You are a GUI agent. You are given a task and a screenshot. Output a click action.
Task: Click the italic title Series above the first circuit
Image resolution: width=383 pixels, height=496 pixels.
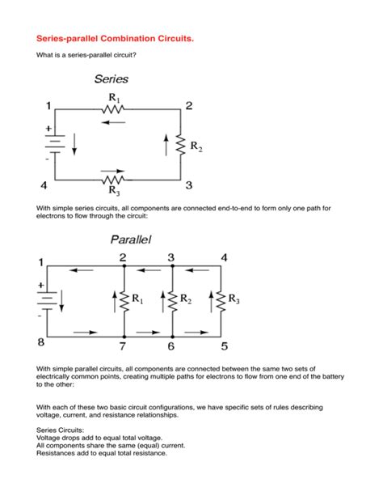point(111,79)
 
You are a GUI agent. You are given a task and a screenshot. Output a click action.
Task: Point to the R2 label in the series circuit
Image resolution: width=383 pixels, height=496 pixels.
point(196,148)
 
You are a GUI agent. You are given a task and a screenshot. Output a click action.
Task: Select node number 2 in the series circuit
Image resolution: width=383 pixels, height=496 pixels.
point(189,106)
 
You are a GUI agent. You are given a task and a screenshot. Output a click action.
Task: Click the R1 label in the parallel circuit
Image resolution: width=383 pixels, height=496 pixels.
point(137,300)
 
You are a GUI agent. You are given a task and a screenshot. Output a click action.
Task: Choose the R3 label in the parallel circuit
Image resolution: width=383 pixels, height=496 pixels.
point(234,299)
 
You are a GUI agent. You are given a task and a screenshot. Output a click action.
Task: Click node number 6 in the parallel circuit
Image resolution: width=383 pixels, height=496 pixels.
point(170,346)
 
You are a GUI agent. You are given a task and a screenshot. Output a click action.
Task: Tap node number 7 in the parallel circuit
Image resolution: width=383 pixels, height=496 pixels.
point(123,346)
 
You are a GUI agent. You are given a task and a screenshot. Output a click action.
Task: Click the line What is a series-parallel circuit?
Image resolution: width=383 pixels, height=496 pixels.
point(86,56)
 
